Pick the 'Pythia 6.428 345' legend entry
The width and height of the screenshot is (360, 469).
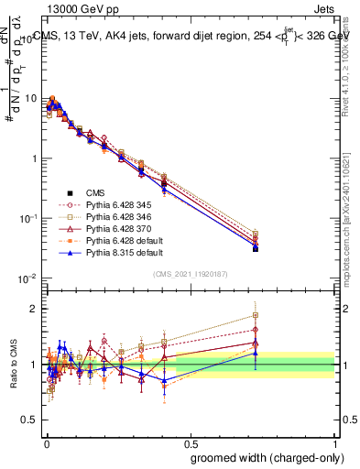pyautogui.click(x=109, y=206)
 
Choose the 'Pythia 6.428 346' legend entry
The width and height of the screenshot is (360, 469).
pyautogui.click(x=109, y=219)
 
